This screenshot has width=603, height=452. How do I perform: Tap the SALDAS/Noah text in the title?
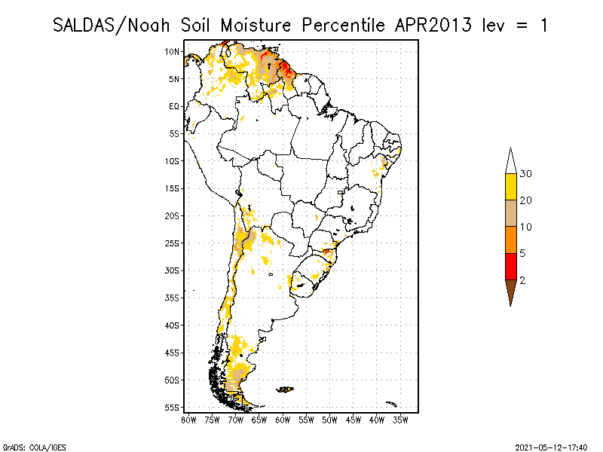coord(114,25)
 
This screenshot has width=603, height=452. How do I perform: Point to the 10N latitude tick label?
coord(172,51)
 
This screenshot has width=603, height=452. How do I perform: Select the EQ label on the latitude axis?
coord(173,106)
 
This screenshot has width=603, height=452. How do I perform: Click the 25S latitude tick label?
coord(172,243)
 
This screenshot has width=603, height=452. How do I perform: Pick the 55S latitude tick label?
coord(172,408)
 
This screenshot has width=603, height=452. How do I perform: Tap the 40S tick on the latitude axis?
coord(172,325)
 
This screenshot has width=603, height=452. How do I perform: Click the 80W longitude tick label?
coord(188,420)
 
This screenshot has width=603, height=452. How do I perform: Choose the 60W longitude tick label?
coord(283,420)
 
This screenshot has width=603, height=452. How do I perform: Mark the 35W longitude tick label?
coord(400,420)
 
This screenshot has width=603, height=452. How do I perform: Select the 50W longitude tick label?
coord(329,420)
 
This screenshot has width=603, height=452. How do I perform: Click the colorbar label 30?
coord(526,174)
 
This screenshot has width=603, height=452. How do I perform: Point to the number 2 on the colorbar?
coord(522,280)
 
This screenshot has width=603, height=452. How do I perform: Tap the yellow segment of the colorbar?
coord(510,187)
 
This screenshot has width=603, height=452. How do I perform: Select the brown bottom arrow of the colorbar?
coord(510,291)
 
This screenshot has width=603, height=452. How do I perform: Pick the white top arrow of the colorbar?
coord(510,160)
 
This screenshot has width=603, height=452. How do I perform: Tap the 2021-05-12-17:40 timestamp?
coord(551,446)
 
